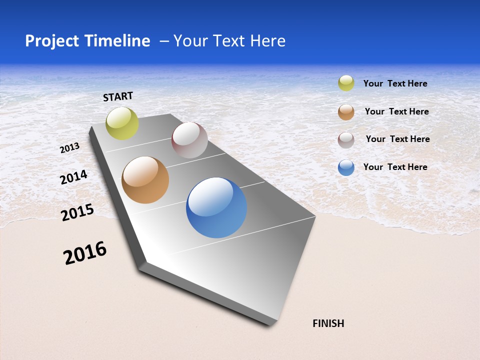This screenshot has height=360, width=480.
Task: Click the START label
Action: (x=118, y=96)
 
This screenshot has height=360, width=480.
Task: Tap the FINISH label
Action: (x=328, y=323)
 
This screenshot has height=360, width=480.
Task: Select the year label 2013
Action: (x=69, y=148)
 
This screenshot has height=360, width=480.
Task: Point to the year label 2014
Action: (x=73, y=177)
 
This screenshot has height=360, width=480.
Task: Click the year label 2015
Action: (x=77, y=212)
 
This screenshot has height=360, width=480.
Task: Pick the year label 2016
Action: (x=85, y=253)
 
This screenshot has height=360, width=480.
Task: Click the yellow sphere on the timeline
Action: (x=122, y=123)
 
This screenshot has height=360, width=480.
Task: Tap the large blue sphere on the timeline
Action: (x=216, y=207)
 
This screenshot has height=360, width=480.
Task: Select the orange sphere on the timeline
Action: (x=145, y=180)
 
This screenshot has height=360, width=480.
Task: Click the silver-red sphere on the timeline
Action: (x=189, y=140)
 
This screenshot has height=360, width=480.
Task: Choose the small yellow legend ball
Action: (x=346, y=83)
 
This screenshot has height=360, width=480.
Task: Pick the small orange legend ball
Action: (x=346, y=112)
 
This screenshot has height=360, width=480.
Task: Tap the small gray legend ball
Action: (x=346, y=140)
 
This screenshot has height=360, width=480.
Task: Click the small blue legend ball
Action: (x=346, y=167)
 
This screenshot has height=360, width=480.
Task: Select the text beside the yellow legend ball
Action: (x=395, y=83)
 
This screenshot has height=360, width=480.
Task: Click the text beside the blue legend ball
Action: (x=395, y=167)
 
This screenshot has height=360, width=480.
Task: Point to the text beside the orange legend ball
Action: (x=396, y=111)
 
